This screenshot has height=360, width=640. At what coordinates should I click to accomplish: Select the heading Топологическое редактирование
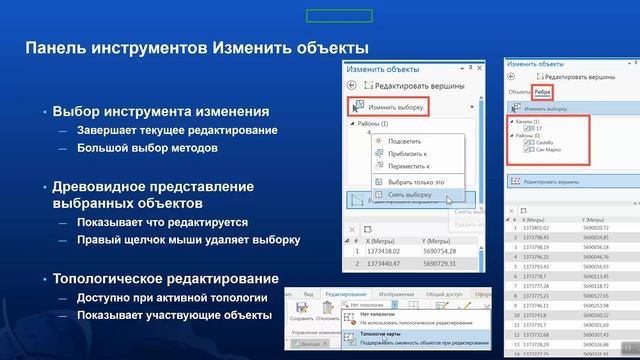pos(166,278)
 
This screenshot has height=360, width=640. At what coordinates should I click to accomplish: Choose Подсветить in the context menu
pos(405,142)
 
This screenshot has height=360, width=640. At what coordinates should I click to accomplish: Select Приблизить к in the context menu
pos(408,155)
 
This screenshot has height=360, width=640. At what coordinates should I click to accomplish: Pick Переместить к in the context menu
pos(410,168)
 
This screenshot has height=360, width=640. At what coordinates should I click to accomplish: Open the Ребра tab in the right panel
pos(543,91)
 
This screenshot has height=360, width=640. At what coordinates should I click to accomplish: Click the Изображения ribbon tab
pos(397,295)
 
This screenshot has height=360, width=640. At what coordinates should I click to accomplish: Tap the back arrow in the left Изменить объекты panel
pos(352,86)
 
